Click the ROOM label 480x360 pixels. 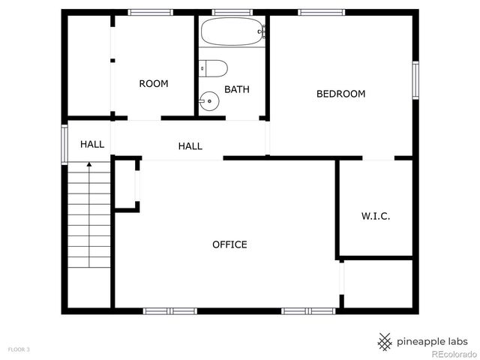(154, 84)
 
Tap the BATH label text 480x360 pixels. (237, 89)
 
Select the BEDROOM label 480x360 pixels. (340, 94)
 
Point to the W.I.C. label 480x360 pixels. (376, 216)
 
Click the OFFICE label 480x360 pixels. (229, 244)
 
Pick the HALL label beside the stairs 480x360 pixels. (92, 144)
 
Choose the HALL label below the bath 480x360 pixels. (190, 146)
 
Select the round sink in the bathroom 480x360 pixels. (209, 100)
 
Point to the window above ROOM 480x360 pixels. (151, 12)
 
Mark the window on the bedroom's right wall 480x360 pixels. (415, 80)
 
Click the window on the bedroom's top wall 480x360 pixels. (321, 12)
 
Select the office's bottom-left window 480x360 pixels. (169, 310)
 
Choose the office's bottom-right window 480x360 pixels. (308, 310)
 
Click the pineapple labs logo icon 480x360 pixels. (385, 341)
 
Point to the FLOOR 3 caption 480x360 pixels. (19, 349)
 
